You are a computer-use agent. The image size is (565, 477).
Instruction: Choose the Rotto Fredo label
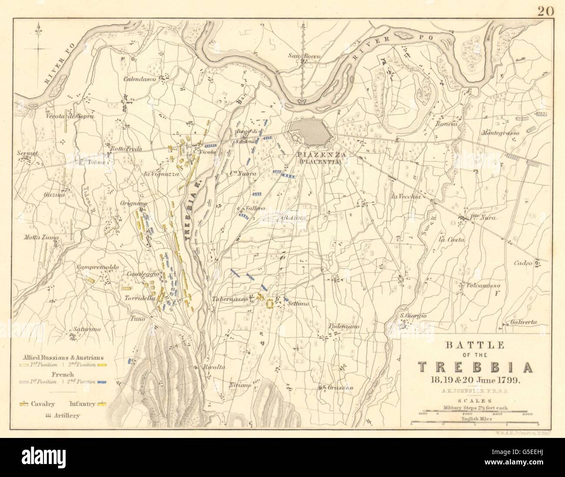click(126, 149)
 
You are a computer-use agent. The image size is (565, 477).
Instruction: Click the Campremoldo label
click(93, 268)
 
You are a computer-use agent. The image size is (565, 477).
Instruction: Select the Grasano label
click(340, 388)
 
